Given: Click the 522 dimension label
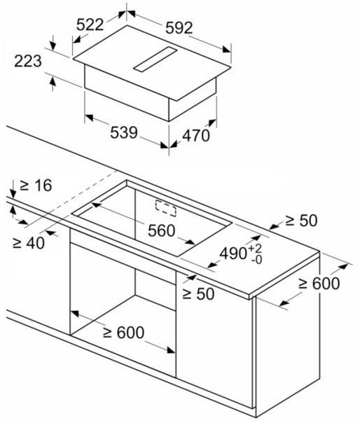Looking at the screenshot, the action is click(90, 25).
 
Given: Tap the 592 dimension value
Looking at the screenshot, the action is click(179, 28).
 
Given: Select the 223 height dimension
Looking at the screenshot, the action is click(28, 61).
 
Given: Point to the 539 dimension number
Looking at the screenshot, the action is click(124, 132).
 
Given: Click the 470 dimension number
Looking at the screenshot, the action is click(196, 135).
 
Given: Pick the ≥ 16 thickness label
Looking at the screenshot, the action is click(36, 186).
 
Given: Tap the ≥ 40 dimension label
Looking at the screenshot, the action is click(29, 243).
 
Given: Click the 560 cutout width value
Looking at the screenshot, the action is click(162, 230).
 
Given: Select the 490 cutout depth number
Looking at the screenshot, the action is click(233, 254).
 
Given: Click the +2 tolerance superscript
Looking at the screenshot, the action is click(256, 249).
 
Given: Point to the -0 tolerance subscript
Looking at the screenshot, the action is click(256, 260).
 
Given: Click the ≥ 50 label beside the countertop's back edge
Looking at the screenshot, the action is click(301, 221).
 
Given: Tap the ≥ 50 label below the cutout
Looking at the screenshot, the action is click(198, 293).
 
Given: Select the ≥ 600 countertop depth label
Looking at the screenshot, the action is click(319, 284).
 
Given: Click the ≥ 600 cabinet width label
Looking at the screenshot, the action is click(123, 333).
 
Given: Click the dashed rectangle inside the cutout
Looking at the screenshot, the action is click(166, 208).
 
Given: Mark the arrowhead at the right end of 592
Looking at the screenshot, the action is click(227, 50).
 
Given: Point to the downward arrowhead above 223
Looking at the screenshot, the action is click(53, 46).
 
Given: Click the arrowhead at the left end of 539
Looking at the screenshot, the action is click(89, 118).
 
